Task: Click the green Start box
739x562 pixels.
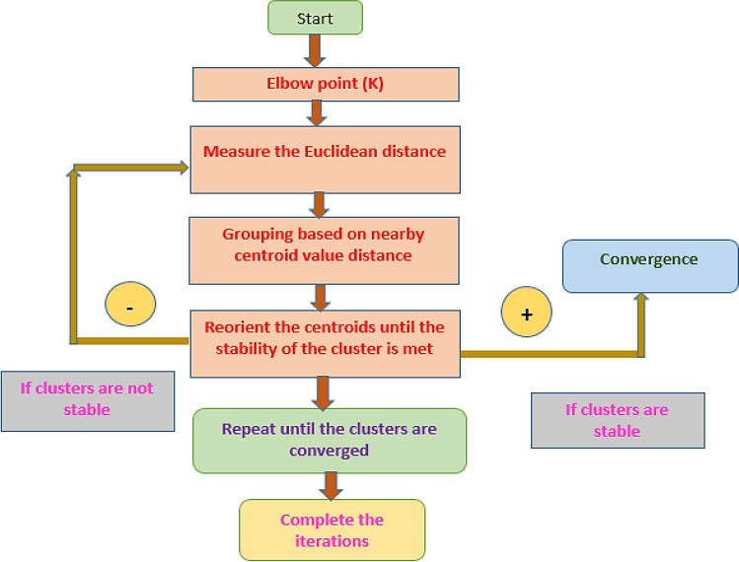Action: [x=315, y=18]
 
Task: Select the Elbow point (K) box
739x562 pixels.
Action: [x=327, y=84]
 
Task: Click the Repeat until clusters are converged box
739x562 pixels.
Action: [x=329, y=440]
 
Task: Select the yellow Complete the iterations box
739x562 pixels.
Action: [x=332, y=529]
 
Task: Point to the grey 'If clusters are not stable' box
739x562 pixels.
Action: [x=87, y=398]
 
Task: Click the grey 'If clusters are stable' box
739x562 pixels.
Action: [x=617, y=419]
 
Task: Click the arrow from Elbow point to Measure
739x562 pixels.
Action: [x=317, y=112]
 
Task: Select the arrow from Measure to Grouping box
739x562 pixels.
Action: [x=319, y=204]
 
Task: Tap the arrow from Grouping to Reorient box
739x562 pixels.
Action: [x=319, y=296]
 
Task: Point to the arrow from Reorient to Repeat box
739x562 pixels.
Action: [x=320, y=392]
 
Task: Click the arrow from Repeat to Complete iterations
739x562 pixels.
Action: [x=331, y=484]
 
